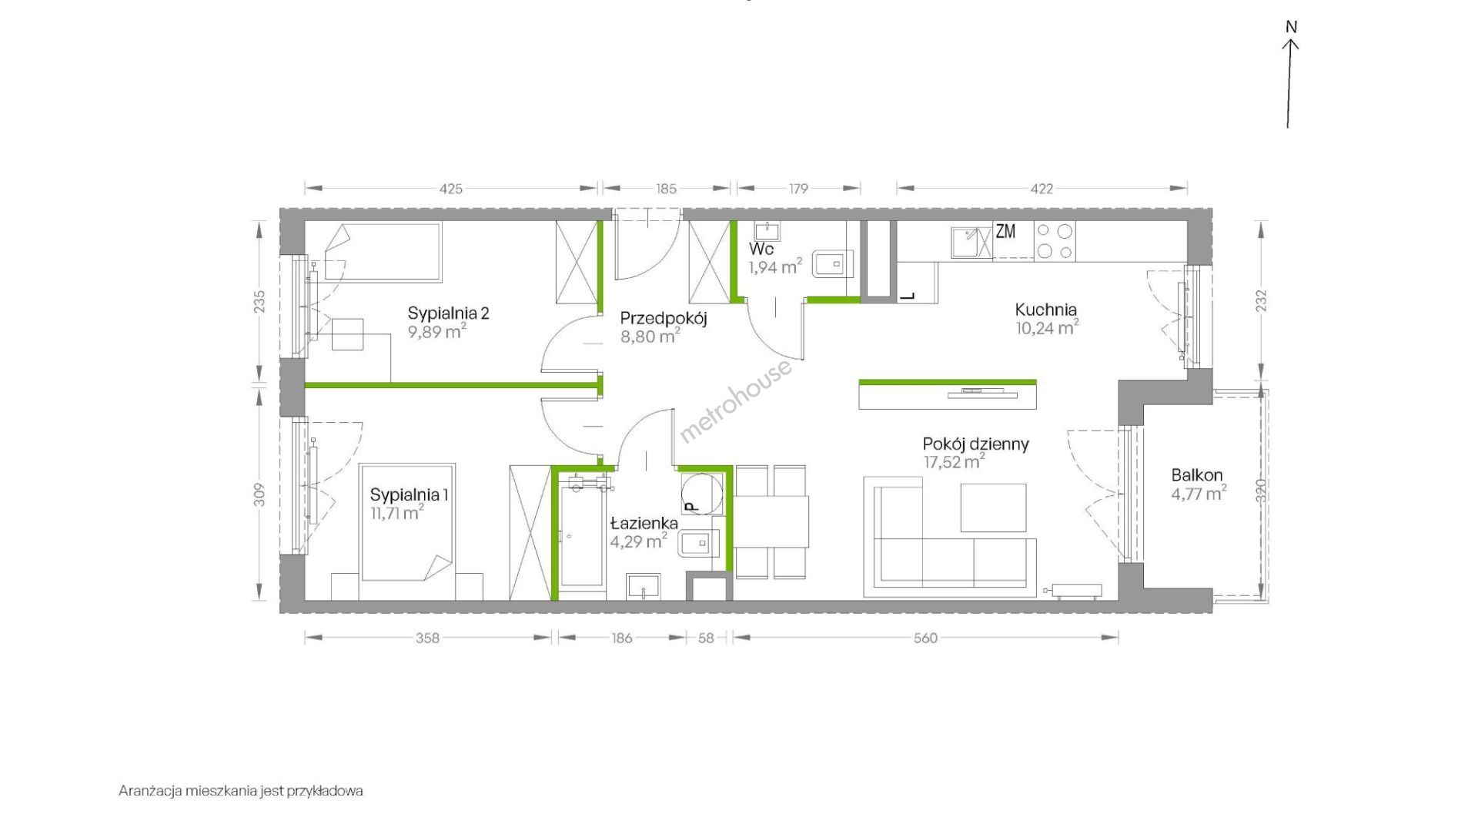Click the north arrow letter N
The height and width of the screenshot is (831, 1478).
pyautogui.click(x=1292, y=27)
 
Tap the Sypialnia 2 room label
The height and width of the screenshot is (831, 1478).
pyautogui.click(x=449, y=313)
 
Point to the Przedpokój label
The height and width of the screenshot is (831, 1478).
pyautogui.click(x=664, y=317)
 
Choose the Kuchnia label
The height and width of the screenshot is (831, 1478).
pyautogui.click(x=1045, y=310)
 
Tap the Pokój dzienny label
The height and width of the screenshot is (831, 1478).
pyautogui.click(x=976, y=444)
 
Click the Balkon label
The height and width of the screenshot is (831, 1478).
pyautogui.click(x=1197, y=475)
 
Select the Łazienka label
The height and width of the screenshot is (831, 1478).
pyautogui.click(x=644, y=524)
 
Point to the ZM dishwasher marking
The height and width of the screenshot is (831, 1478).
pyautogui.click(x=1005, y=231)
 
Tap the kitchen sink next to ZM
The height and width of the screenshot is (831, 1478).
pyautogui.click(x=971, y=242)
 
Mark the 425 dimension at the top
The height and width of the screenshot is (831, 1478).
pyautogui.click(x=451, y=189)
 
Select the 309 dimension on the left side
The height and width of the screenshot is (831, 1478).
pyautogui.click(x=260, y=494)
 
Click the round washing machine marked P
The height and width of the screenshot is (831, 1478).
pyautogui.click(x=701, y=493)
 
